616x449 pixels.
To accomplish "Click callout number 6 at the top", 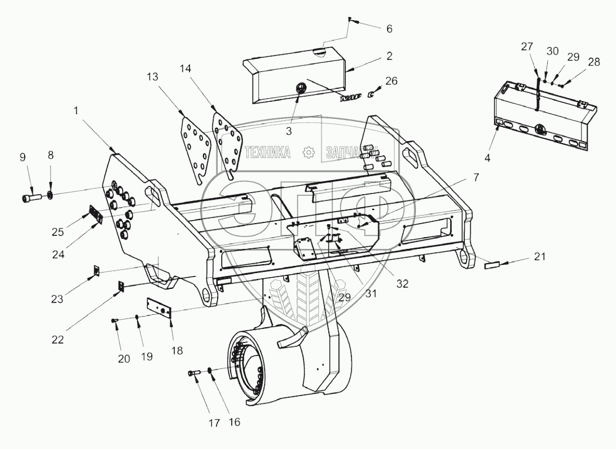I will [389, 29].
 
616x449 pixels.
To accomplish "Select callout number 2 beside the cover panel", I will [389, 56].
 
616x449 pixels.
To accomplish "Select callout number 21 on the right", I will [540, 257].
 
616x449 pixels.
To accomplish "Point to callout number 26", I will [392, 81].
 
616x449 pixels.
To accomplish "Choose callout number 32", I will [402, 283].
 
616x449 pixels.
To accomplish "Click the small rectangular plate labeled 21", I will [492, 265].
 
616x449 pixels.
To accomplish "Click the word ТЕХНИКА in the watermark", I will [267, 152].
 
